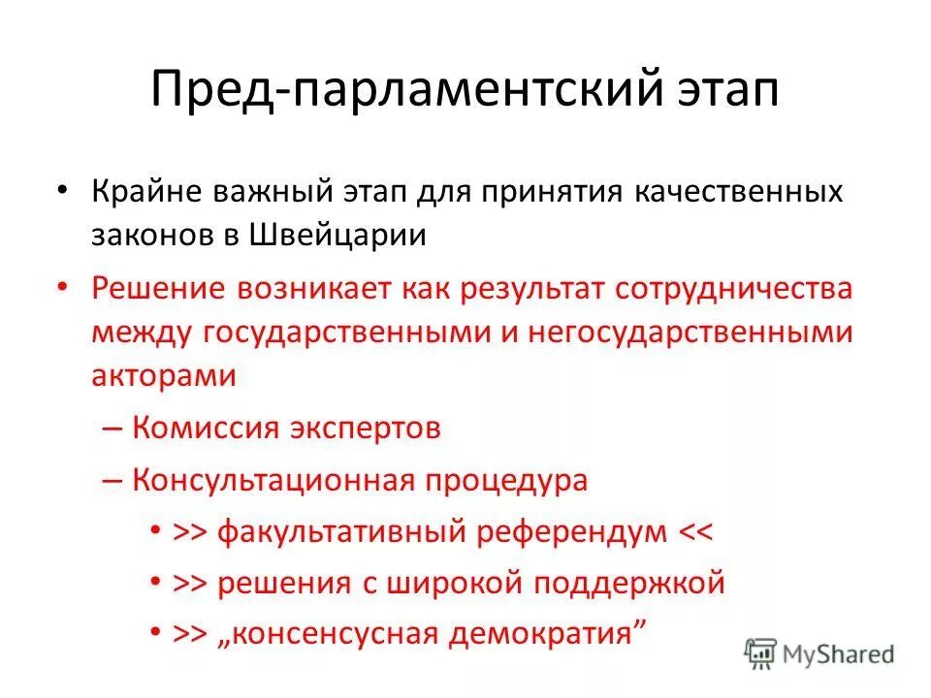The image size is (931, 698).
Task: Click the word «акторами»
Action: pyautogui.click(x=164, y=375)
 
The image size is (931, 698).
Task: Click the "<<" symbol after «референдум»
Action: pyautogui.click(x=695, y=531)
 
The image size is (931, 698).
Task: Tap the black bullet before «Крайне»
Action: pyautogui.click(x=62, y=191)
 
